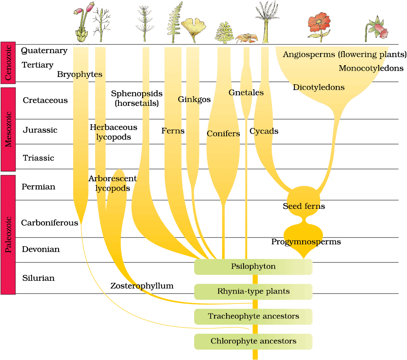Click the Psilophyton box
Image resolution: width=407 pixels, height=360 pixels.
click(x=253, y=266)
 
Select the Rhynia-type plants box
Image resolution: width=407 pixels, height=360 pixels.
click(x=253, y=291)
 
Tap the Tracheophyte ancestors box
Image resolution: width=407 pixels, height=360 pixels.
click(x=253, y=316)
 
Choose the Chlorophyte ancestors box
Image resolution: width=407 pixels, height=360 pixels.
click(x=253, y=341)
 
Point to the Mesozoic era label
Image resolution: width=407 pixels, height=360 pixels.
click(x=8, y=129)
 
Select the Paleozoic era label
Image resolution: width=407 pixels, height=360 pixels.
click(x=8, y=234)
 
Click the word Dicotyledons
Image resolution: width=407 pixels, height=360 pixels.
click(x=319, y=88)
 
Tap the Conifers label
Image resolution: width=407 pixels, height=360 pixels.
click(x=223, y=134)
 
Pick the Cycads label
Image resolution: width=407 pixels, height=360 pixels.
click(x=265, y=131)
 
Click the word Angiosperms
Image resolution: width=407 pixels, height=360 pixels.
click(x=308, y=54)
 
